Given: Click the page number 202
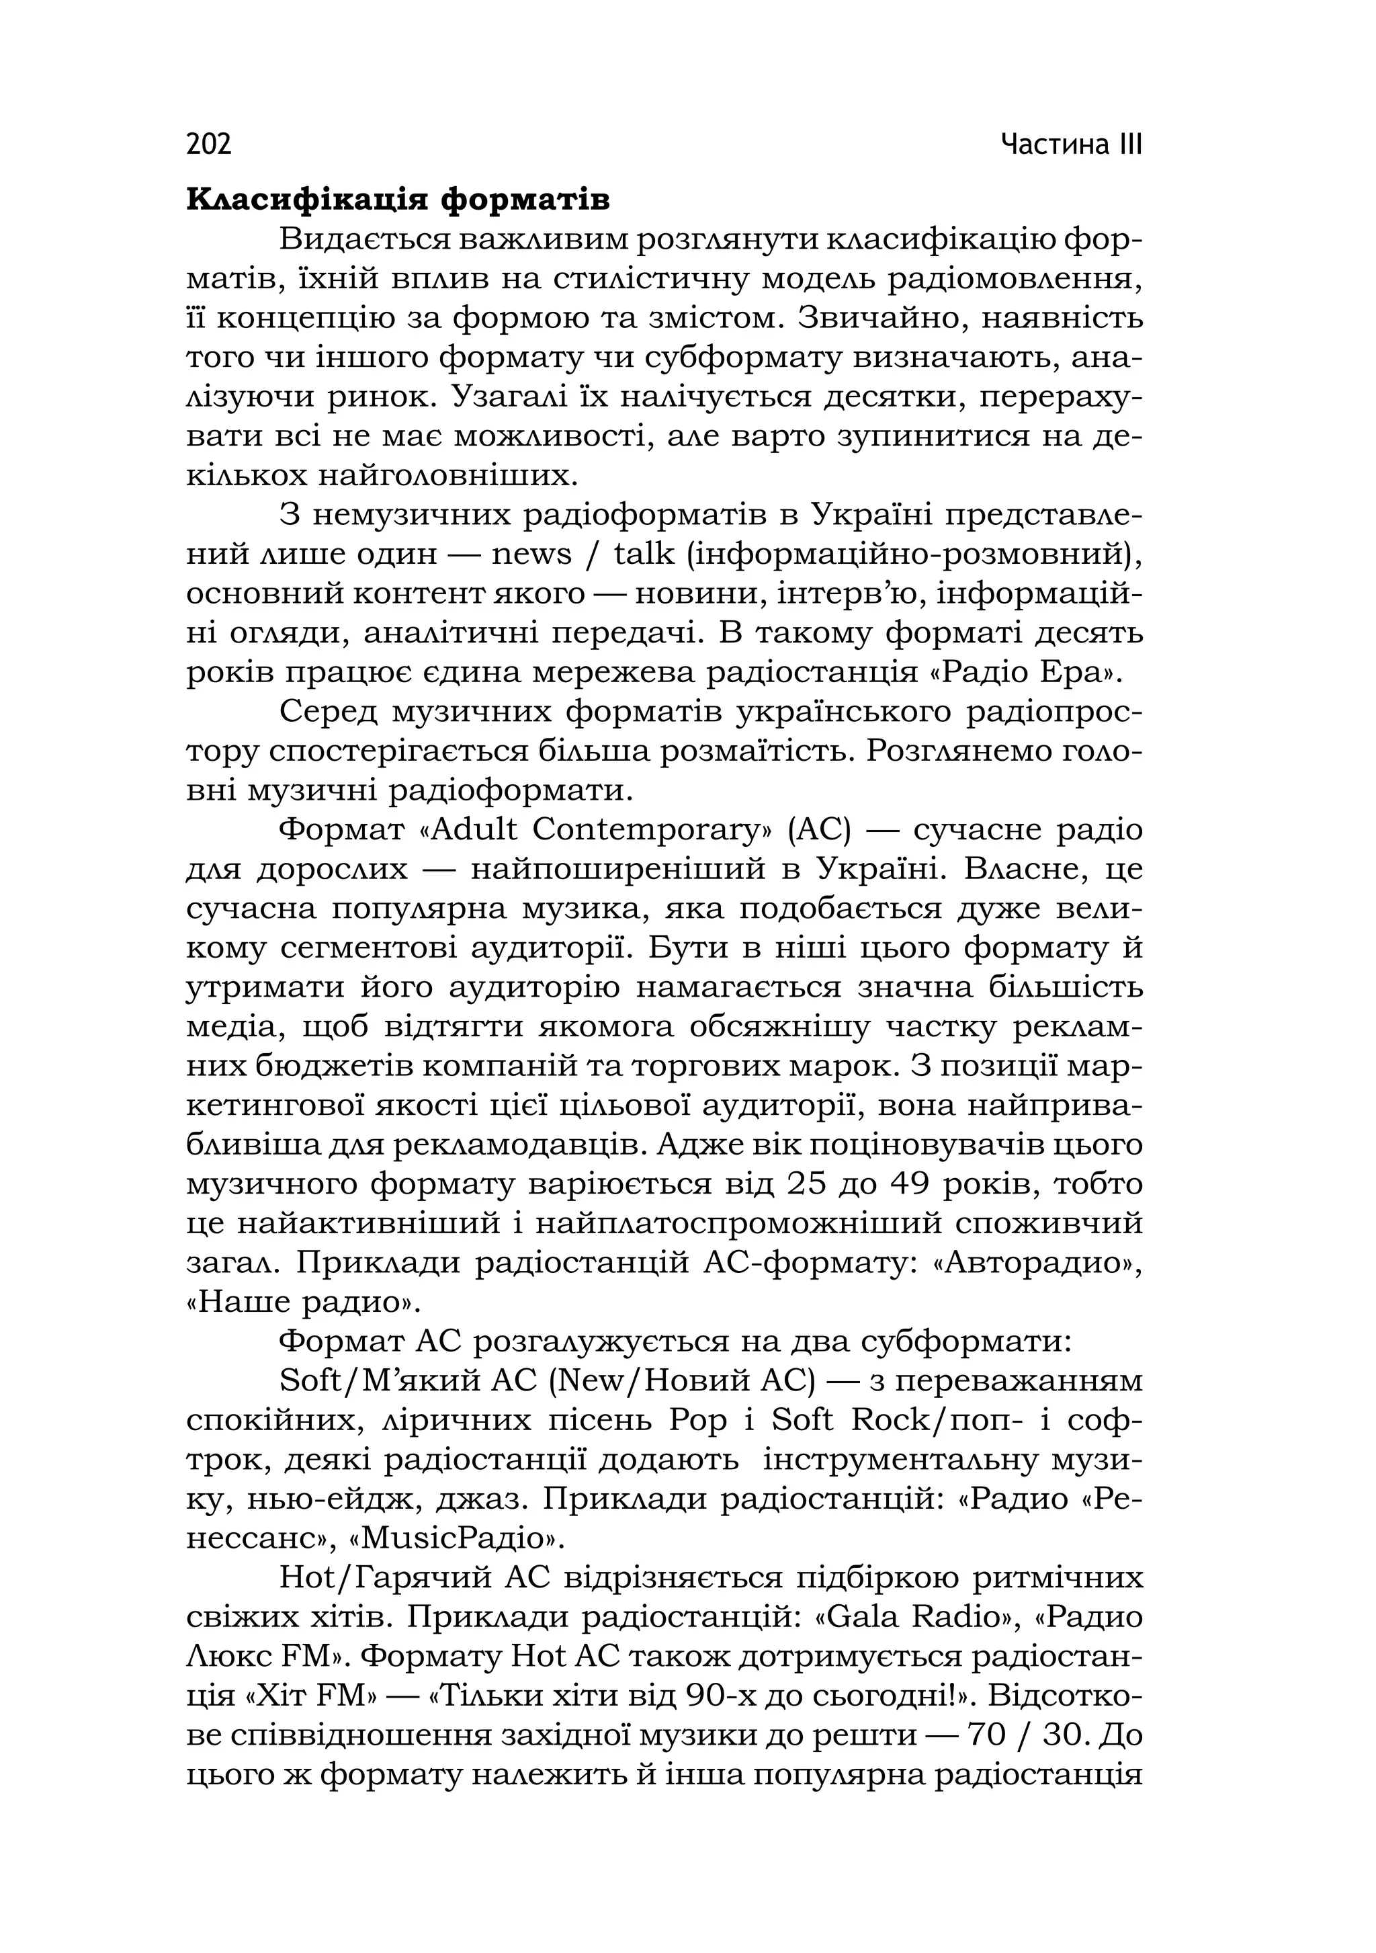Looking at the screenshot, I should (208, 144).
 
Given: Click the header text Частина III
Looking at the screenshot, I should (1071, 144).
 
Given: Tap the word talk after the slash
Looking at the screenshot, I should (644, 554).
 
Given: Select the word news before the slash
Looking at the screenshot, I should (531, 554).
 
